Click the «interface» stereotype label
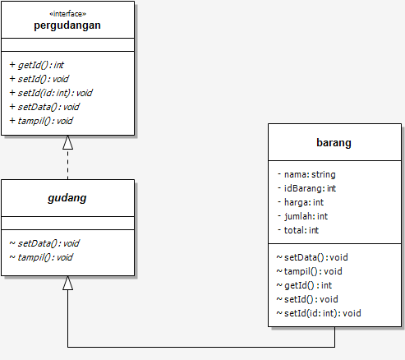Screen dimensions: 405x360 click(x=67, y=14)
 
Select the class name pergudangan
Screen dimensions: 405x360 click(x=67, y=25)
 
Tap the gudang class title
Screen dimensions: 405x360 click(x=67, y=198)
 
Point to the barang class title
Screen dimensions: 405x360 click(x=334, y=143)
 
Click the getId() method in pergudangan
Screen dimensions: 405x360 click(x=37, y=65)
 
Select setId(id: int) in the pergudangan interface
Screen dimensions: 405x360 click(x=51, y=93)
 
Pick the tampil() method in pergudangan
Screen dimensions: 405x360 click(x=41, y=121)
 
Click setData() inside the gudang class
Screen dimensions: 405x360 click(x=44, y=243)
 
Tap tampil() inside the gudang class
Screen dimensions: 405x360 click(x=41, y=257)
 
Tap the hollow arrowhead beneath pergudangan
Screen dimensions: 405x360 click(x=67, y=142)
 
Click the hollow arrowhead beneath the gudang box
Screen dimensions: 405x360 click(x=67, y=283)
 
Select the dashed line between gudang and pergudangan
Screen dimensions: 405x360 click(x=67, y=164)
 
